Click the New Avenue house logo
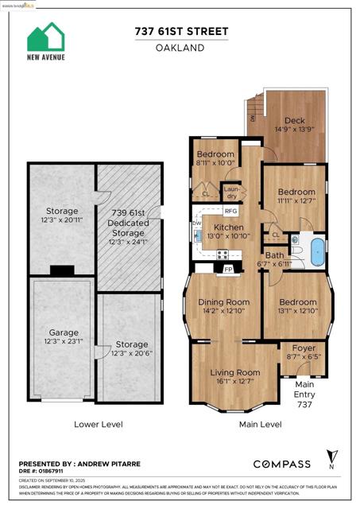[46, 37]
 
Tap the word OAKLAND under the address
[180, 48]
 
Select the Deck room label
[295, 121]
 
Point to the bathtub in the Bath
[316, 250]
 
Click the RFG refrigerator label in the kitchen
[230, 212]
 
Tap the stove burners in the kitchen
[223, 254]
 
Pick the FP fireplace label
[228, 270]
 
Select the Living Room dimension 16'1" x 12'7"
[235, 382]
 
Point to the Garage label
[62, 336]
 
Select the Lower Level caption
[98, 425]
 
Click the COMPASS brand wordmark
[282, 464]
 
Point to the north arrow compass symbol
[331, 460]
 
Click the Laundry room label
[231, 192]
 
